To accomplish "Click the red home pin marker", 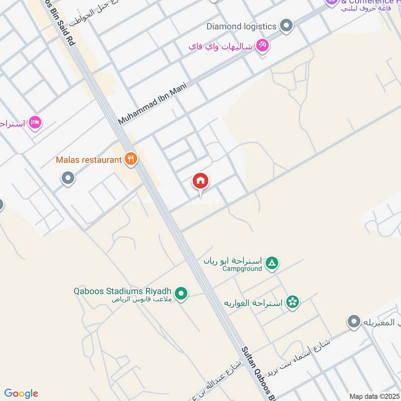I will click(200, 181).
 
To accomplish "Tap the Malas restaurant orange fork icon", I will click(131, 159).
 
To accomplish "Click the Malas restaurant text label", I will click(89, 160).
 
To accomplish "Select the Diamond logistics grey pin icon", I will click(286, 26).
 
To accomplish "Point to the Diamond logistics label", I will click(241, 26).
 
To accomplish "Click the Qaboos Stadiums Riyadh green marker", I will click(181, 293).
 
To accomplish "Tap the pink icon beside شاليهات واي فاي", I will click(262, 46).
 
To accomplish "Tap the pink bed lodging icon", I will click(35, 122).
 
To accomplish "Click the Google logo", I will click(21, 393).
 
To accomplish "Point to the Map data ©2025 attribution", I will click(373, 396).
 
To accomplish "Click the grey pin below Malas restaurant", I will click(68, 178).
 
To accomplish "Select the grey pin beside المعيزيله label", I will click(354, 321).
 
